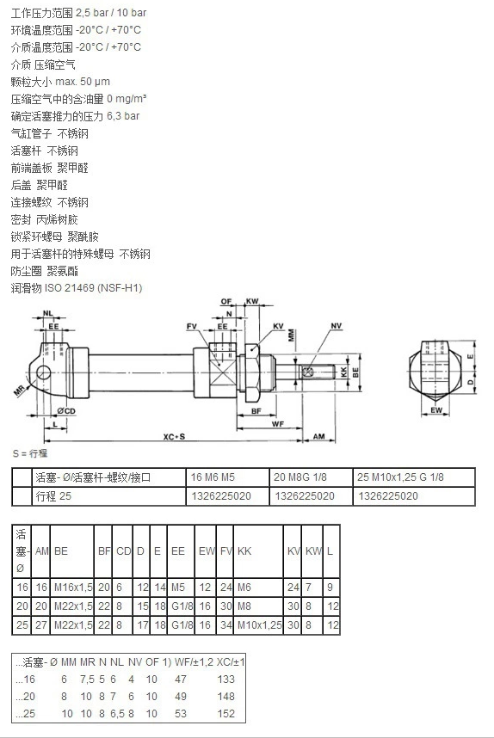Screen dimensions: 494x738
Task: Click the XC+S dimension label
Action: click(174, 436)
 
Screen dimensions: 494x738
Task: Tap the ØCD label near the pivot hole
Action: click(66, 410)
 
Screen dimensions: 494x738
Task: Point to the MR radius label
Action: click(19, 391)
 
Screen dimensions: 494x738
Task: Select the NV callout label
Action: click(337, 326)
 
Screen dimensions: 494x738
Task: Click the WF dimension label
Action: click(278, 423)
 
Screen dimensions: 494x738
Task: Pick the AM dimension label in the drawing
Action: click(319, 436)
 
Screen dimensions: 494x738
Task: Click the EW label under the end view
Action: click(436, 410)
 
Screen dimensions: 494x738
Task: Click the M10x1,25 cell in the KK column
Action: click(260, 625)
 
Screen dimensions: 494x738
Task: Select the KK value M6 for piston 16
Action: click(244, 587)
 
